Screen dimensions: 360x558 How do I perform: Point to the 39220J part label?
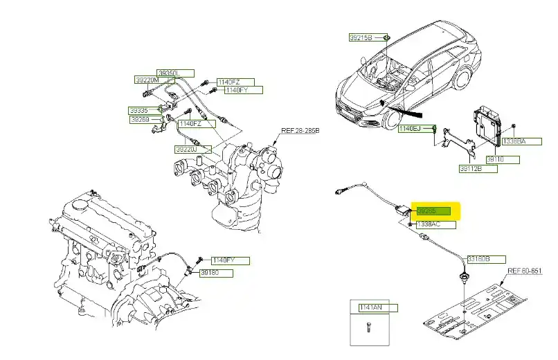pyautogui.click(x=187, y=149)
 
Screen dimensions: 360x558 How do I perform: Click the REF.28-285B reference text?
pyautogui.click(x=300, y=130)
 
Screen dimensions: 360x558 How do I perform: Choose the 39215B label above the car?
pyautogui.click(x=360, y=37)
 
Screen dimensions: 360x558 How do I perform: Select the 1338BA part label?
pyautogui.click(x=514, y=141)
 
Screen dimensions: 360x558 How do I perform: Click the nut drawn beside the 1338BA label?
pyautogui.click(x=514, y=127)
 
